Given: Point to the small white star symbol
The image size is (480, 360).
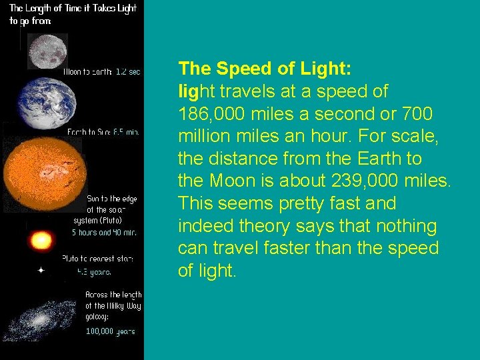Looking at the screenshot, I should [x=41, y=271].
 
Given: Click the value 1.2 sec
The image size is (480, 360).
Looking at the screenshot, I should [x=128, y=71].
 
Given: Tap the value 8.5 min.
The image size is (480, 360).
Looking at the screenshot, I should [x=126, y=132].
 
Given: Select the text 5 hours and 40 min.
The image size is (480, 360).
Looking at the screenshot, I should [x=105, y=233].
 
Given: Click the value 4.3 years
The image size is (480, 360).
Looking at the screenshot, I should [x=95, y=271].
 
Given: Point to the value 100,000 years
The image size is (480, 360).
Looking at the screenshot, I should [x=110, y=331].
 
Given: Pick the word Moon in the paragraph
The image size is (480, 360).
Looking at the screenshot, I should [x=227, y=181].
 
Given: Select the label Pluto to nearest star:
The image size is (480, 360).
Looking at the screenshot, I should [x=97, y=258].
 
